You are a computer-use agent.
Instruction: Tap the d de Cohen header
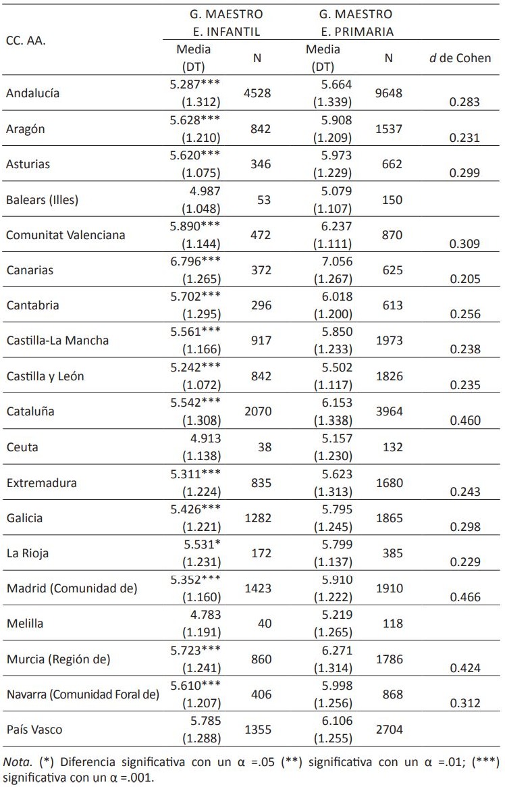(x=460, y=58)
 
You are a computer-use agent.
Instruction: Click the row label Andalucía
(x=32, y=93)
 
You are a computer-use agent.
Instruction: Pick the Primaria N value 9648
(x=388, y=93)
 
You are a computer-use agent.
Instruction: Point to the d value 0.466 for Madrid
(x=464, y=597)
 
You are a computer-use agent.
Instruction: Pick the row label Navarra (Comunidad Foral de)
(x=82, y=694)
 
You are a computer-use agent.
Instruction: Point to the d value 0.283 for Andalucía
(x=464, y=102)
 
